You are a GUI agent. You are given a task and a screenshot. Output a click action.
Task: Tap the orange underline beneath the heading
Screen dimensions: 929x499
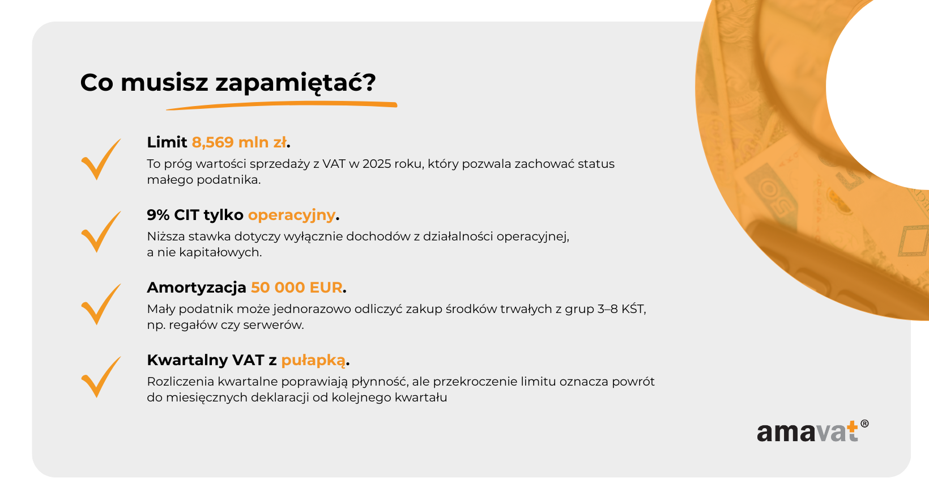(282, 105)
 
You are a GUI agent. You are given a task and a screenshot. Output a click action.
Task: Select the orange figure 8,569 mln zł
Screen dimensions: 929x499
(239, 142)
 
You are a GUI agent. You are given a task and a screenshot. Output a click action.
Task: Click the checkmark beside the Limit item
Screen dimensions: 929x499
(101, 159)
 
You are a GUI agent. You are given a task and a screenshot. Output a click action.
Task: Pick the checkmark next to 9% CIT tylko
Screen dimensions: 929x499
(101, 232)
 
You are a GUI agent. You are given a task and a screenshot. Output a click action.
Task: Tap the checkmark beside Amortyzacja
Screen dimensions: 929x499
(101, 305)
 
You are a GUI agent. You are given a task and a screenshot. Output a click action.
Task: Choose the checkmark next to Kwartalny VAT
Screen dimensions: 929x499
(101, 377)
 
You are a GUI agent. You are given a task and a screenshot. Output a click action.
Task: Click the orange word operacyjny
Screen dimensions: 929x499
(292, 215)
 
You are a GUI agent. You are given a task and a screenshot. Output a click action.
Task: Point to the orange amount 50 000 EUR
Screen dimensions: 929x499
(296, 287)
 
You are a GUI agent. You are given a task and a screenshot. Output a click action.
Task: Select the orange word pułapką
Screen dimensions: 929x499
(313, 361)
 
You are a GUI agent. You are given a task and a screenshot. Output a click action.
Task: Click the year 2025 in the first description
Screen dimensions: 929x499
(377, 164)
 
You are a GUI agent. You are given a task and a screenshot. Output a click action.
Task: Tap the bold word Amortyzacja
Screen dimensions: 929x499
(197, 287)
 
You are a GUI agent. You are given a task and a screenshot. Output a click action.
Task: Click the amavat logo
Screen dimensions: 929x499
(812, 431)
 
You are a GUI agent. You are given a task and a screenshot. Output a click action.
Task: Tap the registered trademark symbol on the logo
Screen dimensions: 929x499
(864, 424)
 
